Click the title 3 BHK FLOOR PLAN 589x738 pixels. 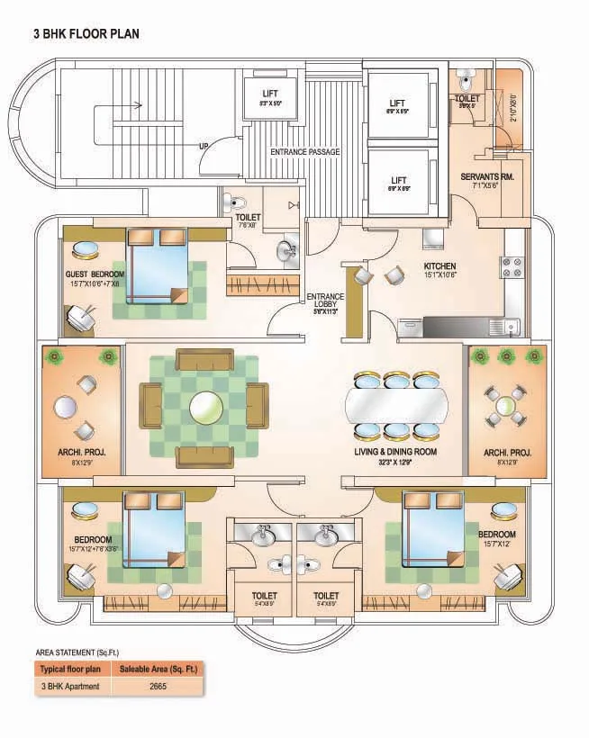click(86, 34)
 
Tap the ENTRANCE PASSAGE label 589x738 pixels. click(305, 152)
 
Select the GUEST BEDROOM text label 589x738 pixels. click(95, 274)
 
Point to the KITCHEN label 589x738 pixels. click(440, 266)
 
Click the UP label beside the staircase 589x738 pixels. click(204, 146)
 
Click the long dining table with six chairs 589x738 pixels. click(397, 404)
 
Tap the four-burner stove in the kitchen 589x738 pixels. click(512, 267)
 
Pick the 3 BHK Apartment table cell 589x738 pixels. click(69, 686)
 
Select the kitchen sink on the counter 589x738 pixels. click(511, 325)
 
